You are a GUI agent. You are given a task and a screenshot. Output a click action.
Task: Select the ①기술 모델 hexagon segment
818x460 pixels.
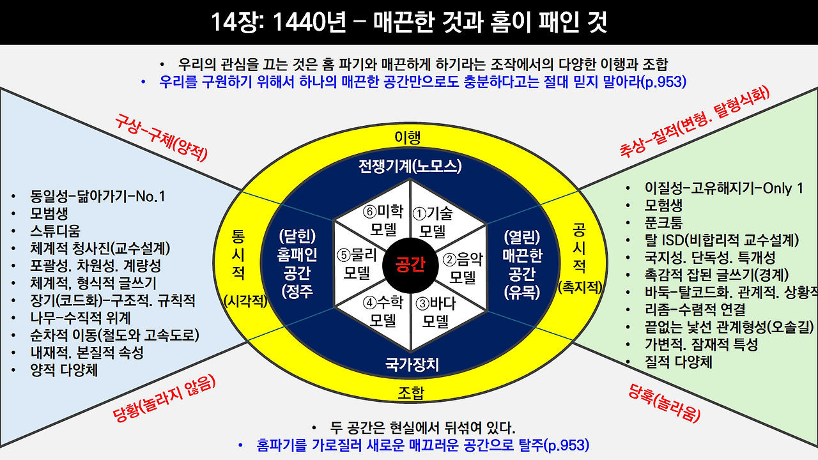click(435, 220)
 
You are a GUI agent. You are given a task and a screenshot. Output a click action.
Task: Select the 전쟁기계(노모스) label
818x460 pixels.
click(410, 167)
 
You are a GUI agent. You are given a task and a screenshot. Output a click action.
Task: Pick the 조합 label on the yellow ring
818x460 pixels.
click(410, 391)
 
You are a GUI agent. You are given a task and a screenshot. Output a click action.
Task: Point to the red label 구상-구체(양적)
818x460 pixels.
click(162, 136)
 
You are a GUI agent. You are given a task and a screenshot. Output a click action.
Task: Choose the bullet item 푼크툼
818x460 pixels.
click(663, 223)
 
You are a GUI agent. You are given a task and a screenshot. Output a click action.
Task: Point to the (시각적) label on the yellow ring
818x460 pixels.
click(245, 301)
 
